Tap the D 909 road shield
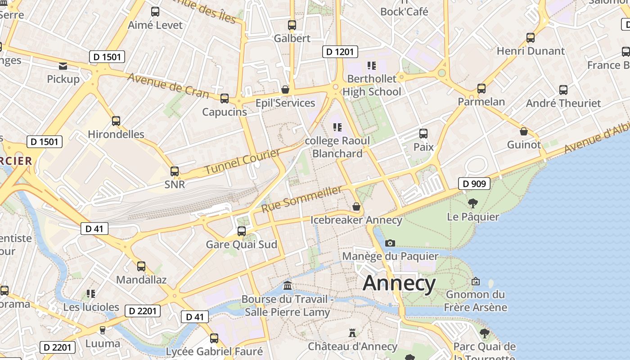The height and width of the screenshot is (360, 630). (474, 184)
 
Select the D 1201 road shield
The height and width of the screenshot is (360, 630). (340, 52)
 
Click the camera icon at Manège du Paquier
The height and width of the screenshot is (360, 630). (390, 243)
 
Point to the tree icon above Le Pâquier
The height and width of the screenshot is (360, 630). (472, 203)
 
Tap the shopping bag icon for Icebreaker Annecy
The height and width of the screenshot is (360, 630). (356, 207)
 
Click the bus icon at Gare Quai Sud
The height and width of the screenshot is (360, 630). (242, 231)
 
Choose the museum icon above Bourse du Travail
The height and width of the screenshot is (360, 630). (288, 286)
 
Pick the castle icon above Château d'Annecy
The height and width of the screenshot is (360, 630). (352, 333)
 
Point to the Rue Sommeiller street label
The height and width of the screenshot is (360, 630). (301, 199)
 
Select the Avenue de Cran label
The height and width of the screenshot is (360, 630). (168, 85)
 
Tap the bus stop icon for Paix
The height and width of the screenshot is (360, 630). (423, 134)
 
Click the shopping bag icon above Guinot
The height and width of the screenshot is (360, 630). (524, 131)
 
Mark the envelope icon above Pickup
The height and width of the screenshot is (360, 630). (63, 66)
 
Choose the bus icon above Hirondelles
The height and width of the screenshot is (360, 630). (116, 121)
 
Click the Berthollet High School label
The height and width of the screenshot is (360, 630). (372, 85)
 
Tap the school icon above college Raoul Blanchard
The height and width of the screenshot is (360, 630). (337, 127)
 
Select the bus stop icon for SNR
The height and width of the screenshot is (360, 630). (175, 171)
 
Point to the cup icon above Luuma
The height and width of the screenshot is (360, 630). (103, 330)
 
